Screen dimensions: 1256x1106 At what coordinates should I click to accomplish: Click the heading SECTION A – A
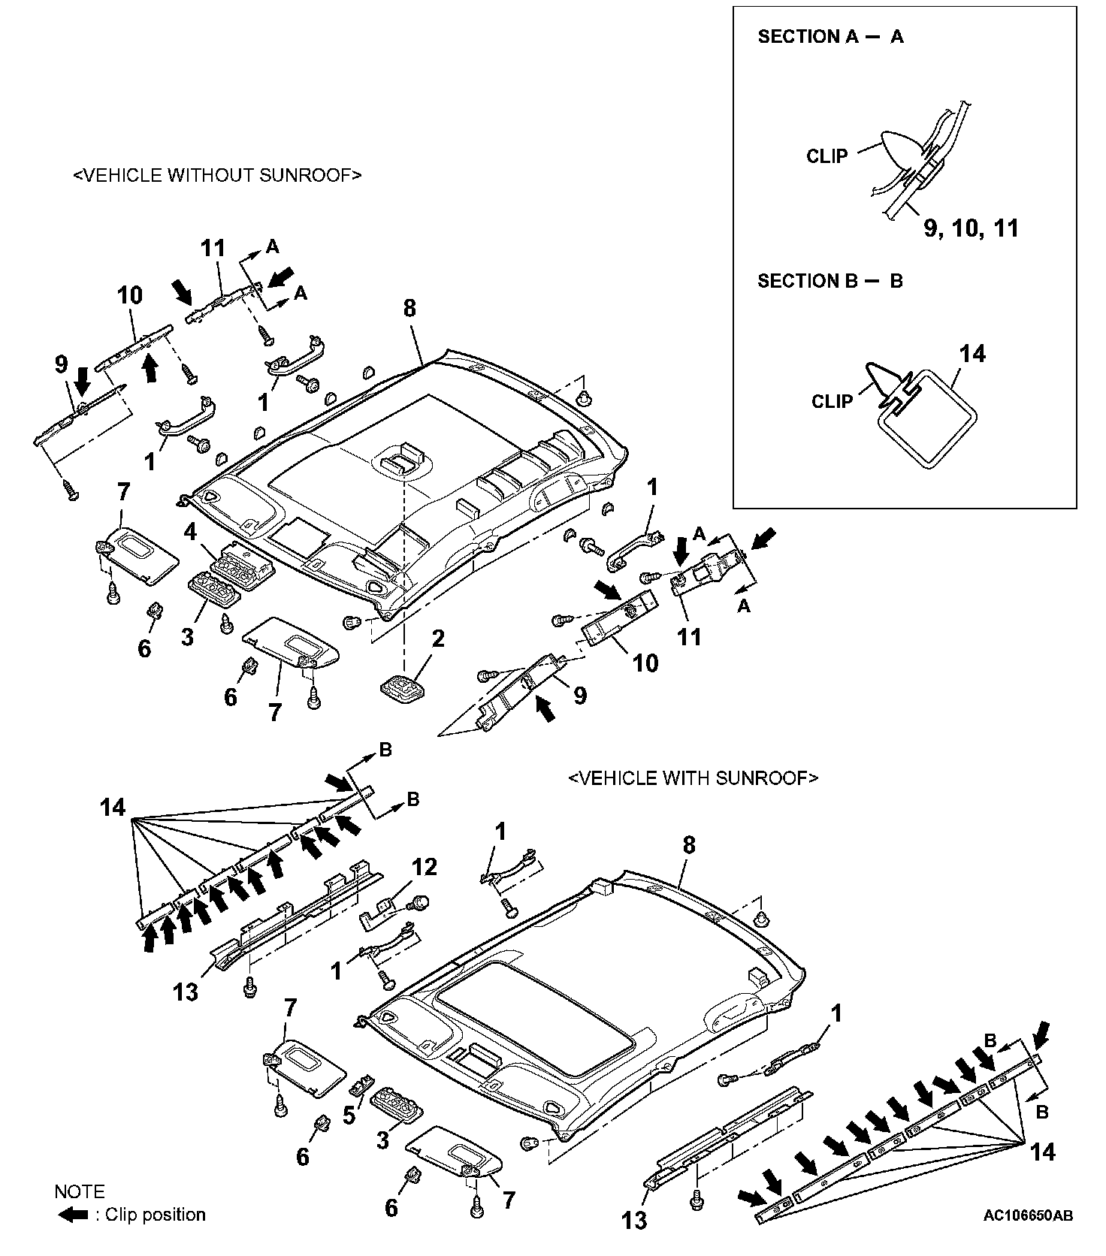coord(830,37)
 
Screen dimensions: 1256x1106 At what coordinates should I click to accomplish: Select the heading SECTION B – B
coord(830,282)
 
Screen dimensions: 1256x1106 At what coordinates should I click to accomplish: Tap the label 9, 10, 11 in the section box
coord(971,228)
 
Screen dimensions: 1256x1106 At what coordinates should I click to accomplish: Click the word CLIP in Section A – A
coord(826,156)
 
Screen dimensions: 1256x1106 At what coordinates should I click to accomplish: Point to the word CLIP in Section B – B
coord(832,401)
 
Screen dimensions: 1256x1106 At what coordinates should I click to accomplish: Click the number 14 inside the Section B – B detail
coord(973,354)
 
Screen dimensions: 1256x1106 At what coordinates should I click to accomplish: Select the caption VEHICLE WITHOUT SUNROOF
coord(217,176)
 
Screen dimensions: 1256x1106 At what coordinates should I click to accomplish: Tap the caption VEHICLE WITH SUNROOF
coord(693,778)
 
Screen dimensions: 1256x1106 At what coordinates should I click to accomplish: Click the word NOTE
coord(80,1191)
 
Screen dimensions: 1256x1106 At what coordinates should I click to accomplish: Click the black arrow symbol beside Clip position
coord(73,1215)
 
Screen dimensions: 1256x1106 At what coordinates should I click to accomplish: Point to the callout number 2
coord(437,639)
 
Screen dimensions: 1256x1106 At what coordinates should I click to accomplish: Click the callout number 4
coord(190,533)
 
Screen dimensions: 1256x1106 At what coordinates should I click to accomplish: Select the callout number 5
coord(349,1116)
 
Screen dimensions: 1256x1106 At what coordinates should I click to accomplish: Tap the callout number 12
coord(425,868)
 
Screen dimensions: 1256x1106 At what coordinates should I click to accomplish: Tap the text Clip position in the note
coord(155,1215)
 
